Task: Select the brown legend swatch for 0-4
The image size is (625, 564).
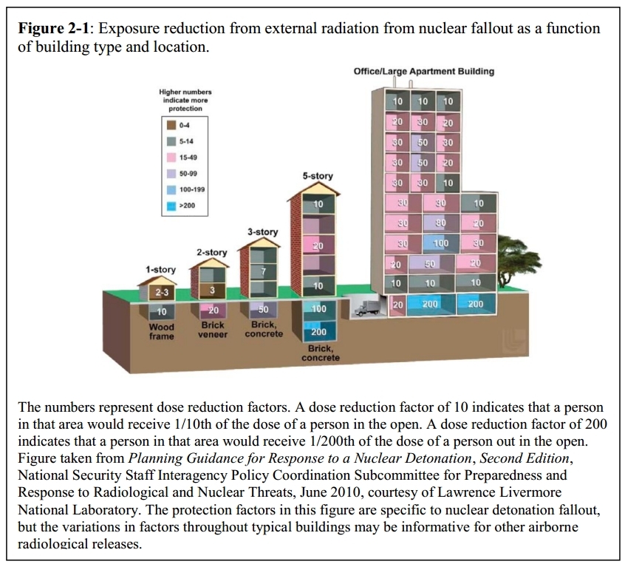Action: coord(171,126)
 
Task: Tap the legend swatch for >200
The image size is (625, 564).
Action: coord(171,205)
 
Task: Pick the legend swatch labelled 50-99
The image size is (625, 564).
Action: coord(171,174)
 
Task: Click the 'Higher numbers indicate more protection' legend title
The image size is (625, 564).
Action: coord(185,100)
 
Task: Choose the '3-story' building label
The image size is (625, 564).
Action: coord(262,231)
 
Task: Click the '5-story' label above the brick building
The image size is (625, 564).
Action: coord(318,176)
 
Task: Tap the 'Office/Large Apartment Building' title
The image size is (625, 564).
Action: coord(424,72)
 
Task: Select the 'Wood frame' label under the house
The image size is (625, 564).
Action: coord(162,331)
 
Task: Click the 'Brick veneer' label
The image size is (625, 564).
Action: coord(212,329)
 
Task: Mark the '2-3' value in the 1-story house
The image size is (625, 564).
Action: coord(160,293)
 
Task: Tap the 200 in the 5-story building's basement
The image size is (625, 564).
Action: coord(318,333)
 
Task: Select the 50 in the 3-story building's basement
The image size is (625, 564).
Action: coord(262,309)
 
